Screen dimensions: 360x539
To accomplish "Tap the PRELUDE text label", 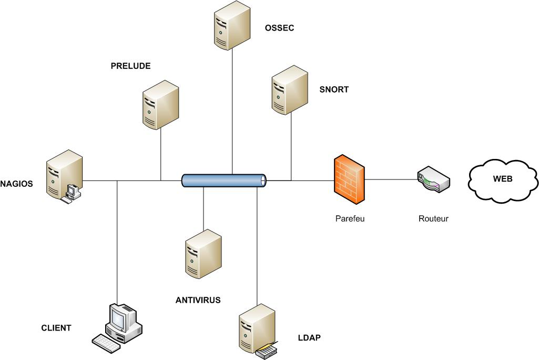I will (130, 66).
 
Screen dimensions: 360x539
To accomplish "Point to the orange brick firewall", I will (349, 179).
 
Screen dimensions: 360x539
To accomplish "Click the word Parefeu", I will (350, 218).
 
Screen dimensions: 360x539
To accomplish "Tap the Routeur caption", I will (433, 218).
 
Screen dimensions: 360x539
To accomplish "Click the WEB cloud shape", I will (502, 179).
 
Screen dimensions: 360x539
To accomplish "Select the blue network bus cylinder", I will (224, 181).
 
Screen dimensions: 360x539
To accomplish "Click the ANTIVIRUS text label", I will (198, 301).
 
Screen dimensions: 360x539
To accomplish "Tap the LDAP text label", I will (309, 337).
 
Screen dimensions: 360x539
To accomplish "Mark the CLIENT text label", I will (56, 328).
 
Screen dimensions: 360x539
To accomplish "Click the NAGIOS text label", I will (16, 184).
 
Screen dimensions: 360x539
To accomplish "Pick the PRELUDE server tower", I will (160, 105).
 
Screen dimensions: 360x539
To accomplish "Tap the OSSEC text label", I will (280, 27).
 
